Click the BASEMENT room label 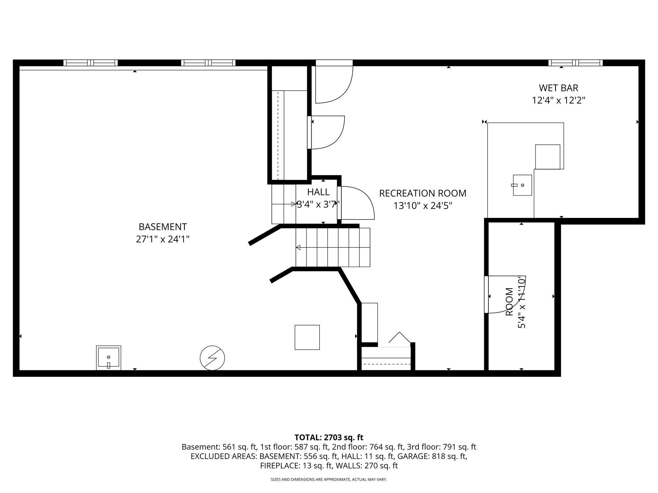point(163,227)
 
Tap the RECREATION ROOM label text point(422,193)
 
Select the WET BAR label point(558,88)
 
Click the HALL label point(318,192)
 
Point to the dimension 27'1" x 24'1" point(163,239)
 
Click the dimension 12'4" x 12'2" point(558,100)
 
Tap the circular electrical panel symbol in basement point(212,358)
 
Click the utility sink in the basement point(109,358)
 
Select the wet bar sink point(522,185)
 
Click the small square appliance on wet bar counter point(547,157)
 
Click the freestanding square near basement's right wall point(307,337)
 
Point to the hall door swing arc point(361,201)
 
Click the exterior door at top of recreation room point(334,83)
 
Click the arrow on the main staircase point(298,247)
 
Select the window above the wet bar point(575,63)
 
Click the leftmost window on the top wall point(91,63)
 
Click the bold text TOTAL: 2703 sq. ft point(329,437)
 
